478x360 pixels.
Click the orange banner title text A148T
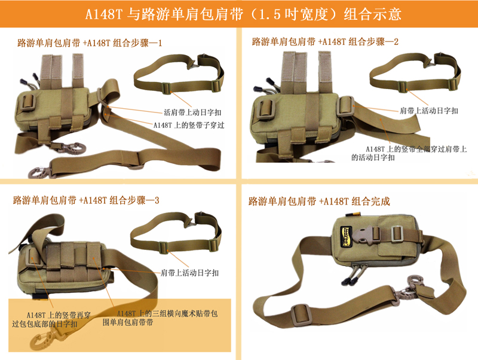click(x=103, y=14)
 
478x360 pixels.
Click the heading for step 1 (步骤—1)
click(x=89, y=42)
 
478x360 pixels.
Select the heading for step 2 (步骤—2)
click(x=325, y=41)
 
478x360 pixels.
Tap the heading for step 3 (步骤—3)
click(x=86, y=200)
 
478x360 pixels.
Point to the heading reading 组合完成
click(x=319, y=201)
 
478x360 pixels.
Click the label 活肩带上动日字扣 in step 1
click(x=192, y=112)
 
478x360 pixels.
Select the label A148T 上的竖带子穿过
click(x=189, y=125)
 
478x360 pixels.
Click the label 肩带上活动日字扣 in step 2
click(x=429, y=111)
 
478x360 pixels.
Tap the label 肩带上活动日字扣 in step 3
click(x=189, y=273)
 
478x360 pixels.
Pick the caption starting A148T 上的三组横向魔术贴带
click(x=160, y=318)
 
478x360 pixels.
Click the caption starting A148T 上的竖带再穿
click(x=51, y=319)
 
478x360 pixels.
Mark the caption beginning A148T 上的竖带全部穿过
click(x=409, y=153)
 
